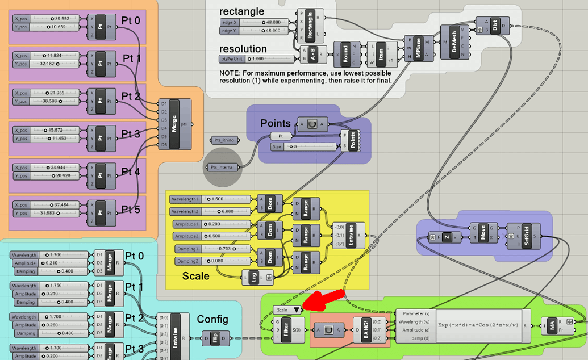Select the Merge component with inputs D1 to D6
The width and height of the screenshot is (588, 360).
pyautogui.click(x=174, y=124)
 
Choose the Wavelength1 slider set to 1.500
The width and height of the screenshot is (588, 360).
pyautogui.click(x=211, y=199)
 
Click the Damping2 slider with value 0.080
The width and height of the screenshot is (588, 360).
pyautogui.click(x=211, y=261)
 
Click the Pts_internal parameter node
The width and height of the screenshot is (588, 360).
pyautogui.click(x=222, y=168)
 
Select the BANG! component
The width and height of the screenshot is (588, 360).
pyautogui.click(x=365, y=329)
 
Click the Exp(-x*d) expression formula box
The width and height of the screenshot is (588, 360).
pyautogui.click(x=478, y=325)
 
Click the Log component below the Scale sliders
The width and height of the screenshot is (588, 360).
pyautogui.click(x=253, y=278)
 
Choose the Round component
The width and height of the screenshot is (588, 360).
pyautogui.click(x=345, y=55)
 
